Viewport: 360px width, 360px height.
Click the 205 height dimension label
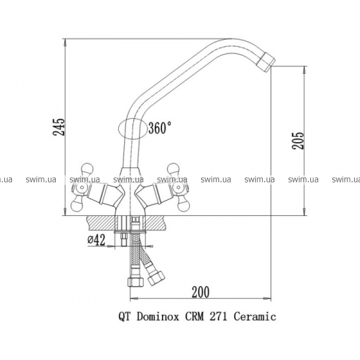tap(298, 141)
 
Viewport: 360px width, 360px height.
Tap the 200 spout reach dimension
tap(200, 292)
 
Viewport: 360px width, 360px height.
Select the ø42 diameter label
tap(97, 239)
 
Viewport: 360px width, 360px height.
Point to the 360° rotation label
tap(160, 128)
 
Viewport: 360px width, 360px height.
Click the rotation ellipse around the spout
tap(118, 128)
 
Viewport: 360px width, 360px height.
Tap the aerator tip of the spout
tap(266, 62)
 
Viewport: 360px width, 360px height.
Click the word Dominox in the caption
tap(158, 317)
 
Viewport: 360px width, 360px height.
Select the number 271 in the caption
tap(218, 317)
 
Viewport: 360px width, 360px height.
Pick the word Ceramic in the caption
tap(255, 317)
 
